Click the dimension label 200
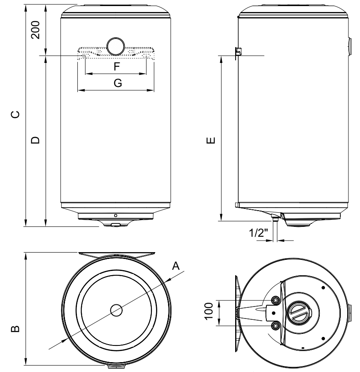[36, 29]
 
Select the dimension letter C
[15, 114]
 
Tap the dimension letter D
[35, 140]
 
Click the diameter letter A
[176, 266]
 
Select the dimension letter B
[15, 329]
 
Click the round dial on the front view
[115, 46]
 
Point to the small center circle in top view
[116, 310]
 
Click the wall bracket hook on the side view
[239, 51]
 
